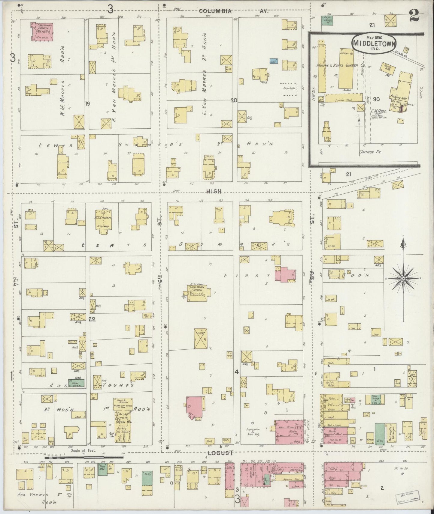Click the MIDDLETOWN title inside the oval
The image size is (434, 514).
coord(374,43)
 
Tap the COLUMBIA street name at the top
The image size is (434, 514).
coord(215,11)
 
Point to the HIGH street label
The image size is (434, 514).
coord(214,191)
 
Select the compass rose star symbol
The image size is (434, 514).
coord(403,279)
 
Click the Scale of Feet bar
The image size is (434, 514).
coord(84,458)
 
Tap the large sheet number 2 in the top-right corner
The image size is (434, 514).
coord(414,15)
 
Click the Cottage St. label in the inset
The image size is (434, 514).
coord(370,152)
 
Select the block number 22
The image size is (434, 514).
coord(92,319)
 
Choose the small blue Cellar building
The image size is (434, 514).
coord(273,61)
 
